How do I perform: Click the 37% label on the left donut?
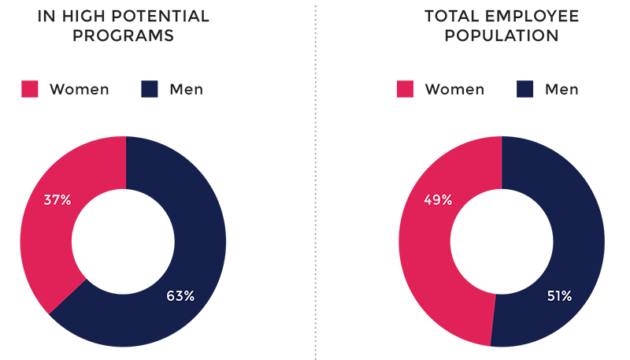(x=57, y=200)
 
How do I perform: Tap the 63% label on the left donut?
(x=180, y=296)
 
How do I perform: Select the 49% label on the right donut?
(x=437, y=200)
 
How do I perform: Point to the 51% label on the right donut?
(x=558, y=296)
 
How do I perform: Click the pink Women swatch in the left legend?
(x=30, y=89)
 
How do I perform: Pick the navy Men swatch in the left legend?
(x=150, y=89)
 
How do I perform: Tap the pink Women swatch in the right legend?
(x=406, y=89)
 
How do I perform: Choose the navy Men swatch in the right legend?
(x=525, y=89)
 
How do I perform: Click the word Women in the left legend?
(x=79, y=89)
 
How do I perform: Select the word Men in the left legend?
(x=186, y=89)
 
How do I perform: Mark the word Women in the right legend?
(x=454, y=89)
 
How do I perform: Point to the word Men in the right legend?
(x=561, y=89)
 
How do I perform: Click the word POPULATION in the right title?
(x=502, y=36)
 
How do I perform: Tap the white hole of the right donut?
(x=502, y=241)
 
